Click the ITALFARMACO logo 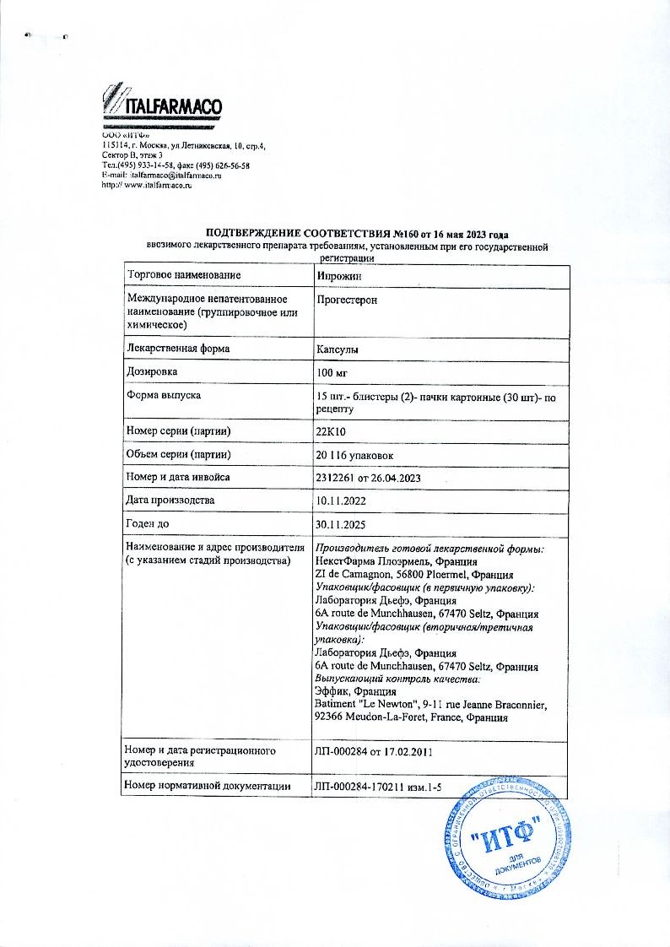click(161, 107)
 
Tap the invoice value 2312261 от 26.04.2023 click(366, 479)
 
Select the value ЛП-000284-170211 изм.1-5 click(377, 787)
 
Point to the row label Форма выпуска click(164, 396)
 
